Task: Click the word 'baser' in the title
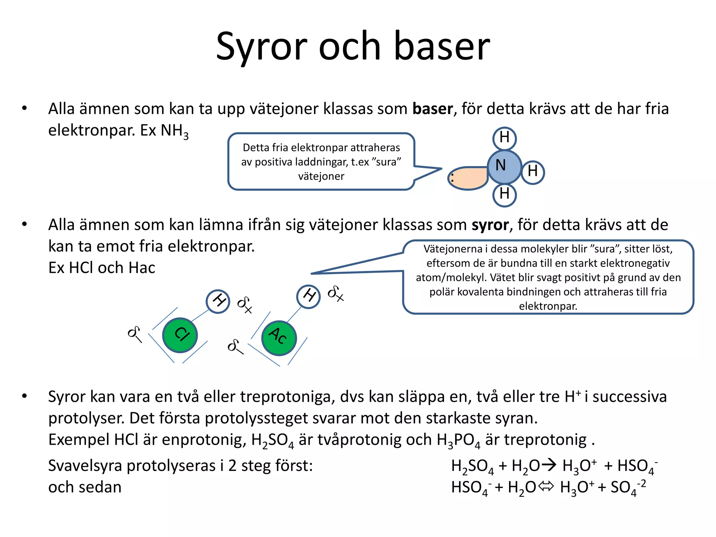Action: pos(442,46)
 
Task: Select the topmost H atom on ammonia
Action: pos(504,138)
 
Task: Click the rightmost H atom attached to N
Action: pos(532,172)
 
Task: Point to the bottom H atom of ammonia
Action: pos(504,194)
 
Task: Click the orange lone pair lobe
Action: pos(468,178)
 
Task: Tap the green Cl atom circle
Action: pos(180,335)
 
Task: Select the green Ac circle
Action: pos(279,338)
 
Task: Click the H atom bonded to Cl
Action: pos(218,301)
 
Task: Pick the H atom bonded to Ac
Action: pos(308,296)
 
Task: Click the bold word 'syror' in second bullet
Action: pos(490,225)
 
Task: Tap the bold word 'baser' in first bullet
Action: pos(433,109)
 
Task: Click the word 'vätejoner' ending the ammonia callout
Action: pos(321,176)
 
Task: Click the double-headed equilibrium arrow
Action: pos(546,486)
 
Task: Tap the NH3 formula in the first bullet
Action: pos(174,131)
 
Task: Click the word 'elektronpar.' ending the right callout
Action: pos(548,306)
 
